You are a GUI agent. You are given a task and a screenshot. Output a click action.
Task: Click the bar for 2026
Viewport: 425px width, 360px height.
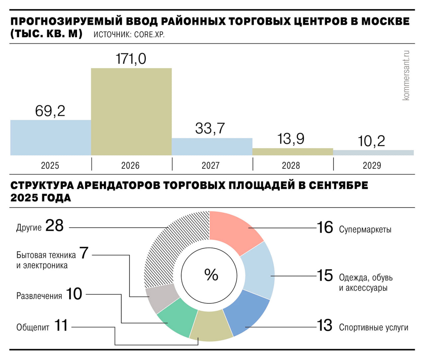[131, 112]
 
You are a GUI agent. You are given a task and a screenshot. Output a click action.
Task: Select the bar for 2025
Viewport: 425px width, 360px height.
[50, 137]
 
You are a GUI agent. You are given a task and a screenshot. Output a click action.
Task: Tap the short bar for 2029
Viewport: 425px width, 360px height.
[373, 153]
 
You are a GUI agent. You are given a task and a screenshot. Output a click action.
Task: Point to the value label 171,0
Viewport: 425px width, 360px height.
[131, 59]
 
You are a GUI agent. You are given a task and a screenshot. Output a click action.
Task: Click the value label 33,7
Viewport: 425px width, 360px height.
[210, 128]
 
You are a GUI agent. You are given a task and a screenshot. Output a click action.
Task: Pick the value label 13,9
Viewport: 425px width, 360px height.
[291, 139]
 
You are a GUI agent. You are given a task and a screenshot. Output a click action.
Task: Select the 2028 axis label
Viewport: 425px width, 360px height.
[291, 165]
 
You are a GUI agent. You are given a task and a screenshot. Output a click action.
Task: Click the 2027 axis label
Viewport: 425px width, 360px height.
[211, 165]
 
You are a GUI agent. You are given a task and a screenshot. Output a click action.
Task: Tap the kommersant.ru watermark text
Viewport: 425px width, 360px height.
[406, 75]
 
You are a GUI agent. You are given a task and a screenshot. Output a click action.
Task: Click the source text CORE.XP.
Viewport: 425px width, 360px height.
[149, 35]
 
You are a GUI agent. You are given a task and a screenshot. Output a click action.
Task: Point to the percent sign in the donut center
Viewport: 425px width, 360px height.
[211, 275]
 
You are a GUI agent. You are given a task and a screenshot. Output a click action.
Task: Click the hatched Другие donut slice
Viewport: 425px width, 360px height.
[173, 249]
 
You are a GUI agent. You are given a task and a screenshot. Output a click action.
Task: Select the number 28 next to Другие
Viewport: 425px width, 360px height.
[54, 226]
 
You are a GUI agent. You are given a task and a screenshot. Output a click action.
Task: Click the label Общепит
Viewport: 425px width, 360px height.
[33, 327]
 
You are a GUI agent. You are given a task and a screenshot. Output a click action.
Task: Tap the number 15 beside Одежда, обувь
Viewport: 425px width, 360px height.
[324, 276]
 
